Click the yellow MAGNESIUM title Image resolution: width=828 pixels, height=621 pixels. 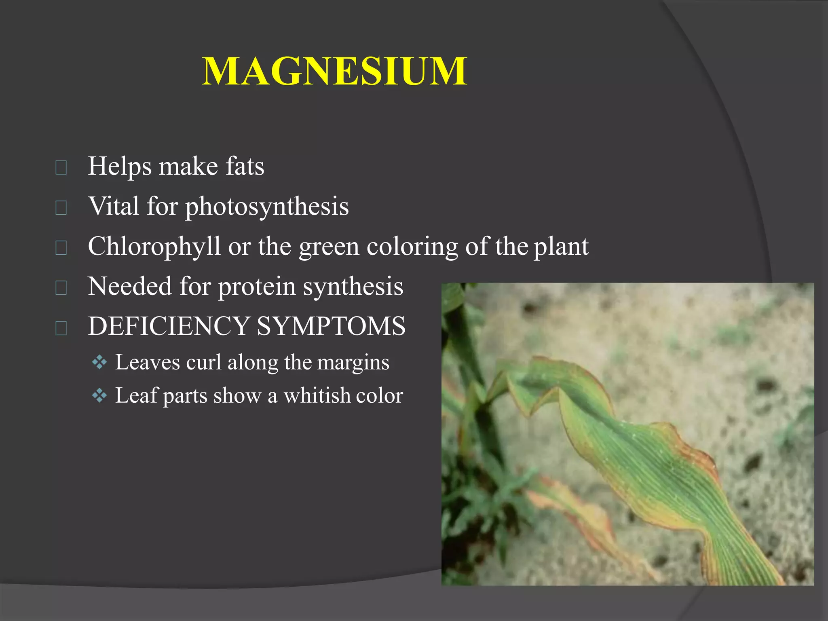[x=335, y=72]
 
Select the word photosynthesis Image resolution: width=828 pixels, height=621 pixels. [x=267, y=207]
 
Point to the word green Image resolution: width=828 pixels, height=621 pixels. [x=329, y=247]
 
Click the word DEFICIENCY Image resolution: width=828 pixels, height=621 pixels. [x=169, y=326]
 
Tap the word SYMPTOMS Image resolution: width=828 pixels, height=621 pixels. [x=331, y=326]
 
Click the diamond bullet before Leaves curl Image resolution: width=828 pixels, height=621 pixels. [x=99, y=362]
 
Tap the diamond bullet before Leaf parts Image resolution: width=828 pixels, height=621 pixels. [x=99, y=395]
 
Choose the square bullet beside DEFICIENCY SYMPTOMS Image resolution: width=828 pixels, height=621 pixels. [x=61, y=328]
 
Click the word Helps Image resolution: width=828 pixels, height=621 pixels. [x=120, y=166]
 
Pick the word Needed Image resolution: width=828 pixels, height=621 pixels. [x=130, y=286]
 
